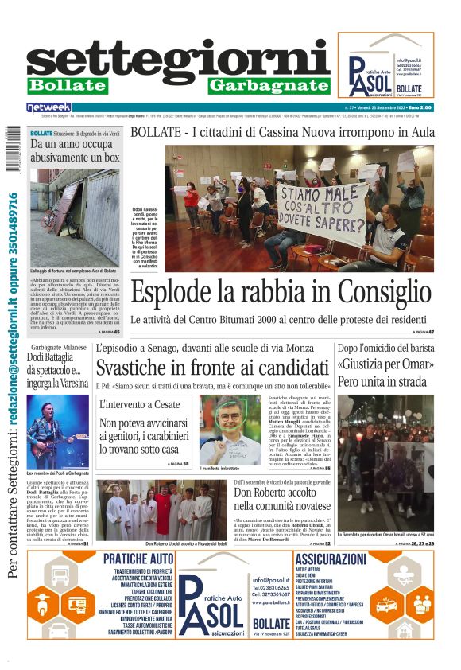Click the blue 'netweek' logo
(48, 107)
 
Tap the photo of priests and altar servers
(161, 512)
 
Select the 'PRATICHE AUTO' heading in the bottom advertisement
(138, 559)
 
